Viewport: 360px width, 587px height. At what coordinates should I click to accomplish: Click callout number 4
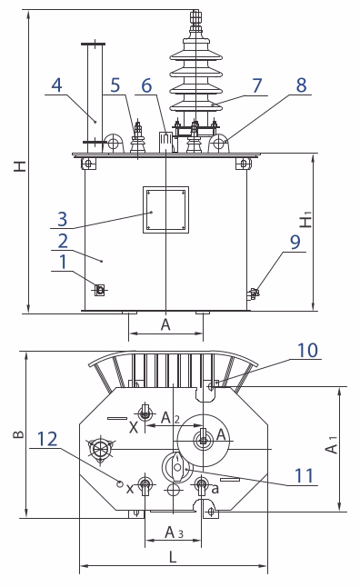(x=56, y=85)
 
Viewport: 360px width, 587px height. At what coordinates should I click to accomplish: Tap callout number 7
(x=256, y=85)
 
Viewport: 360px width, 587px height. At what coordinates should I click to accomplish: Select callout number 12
(x=47, y=439)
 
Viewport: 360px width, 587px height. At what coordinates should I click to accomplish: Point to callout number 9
(x=295, y=243)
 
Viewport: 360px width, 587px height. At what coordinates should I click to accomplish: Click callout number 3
(x=63, y=219)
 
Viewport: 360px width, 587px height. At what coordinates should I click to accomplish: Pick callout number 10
(x=307, y=351)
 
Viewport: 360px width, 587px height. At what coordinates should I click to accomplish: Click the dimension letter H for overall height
(x=20, y=166)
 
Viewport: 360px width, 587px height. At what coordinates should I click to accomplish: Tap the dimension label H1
(x=306, y=220)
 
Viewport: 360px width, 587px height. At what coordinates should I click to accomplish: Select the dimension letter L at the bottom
(x=173, y=557)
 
